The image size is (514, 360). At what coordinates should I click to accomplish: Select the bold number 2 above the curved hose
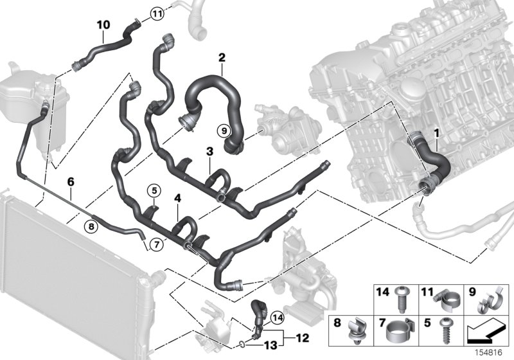point(222,58)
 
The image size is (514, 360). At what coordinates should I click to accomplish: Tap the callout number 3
point(209,152)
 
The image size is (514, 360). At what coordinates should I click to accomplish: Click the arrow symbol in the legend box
point(483,332)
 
